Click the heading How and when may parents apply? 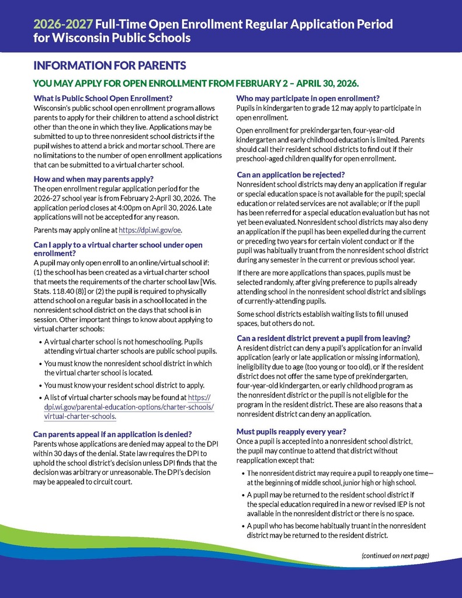tap(93, 179)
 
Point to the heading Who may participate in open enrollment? tap(308, 98)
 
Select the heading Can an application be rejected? tap(291, 175)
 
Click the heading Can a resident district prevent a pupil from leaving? tap(323, 338)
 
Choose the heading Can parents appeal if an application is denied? tap(113, 434)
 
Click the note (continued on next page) tap(395, 555)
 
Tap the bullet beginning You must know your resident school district tap(124, 385)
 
